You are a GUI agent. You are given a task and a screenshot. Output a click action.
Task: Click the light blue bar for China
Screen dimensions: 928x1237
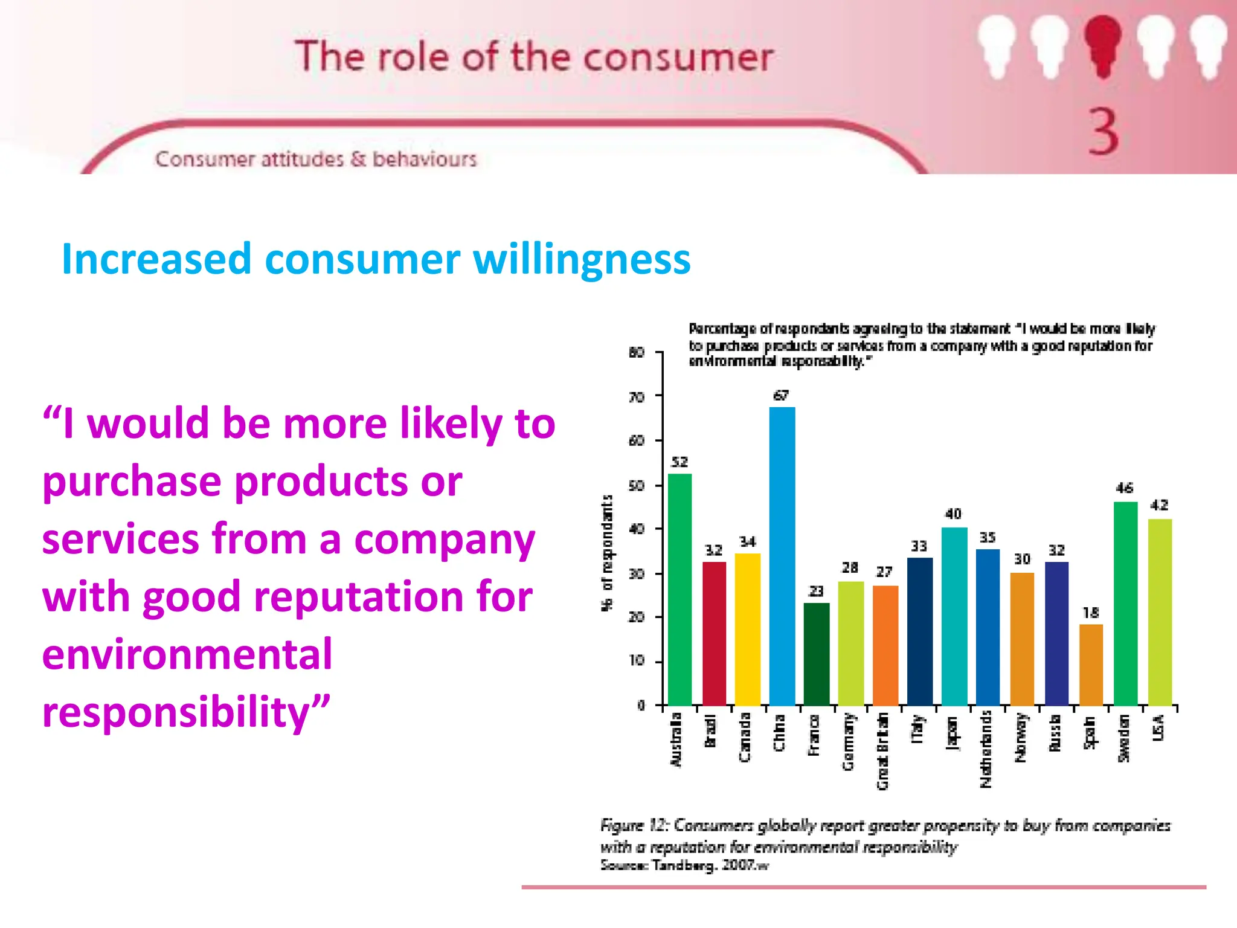[x=782, y=556]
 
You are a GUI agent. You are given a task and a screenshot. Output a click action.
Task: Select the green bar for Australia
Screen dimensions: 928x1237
[x=680, y=589]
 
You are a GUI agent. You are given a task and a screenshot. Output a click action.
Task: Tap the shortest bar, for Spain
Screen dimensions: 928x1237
[x=1091, y=665]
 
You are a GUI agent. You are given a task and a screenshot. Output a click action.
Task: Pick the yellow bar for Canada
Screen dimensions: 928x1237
[x=748, y=628]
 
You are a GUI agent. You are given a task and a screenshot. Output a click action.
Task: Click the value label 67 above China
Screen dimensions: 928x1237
[x=781, y=396]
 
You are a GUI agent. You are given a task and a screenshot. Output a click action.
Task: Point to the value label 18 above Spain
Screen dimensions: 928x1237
[x=1091, y=613]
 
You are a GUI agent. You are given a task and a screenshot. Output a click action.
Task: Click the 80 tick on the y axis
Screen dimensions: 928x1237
[x=637, y=352]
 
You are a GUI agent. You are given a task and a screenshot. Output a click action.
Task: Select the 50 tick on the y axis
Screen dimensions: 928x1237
[x=637, y=486]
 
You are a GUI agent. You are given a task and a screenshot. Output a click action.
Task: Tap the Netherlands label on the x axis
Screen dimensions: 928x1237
[x=986, y=749]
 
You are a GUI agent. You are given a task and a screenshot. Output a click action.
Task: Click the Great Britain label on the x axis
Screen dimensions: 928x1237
[x=883, y=751]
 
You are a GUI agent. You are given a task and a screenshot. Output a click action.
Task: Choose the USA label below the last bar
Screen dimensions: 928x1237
[x=1158, y=727]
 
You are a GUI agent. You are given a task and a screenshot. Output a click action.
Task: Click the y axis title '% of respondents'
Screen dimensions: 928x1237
[x=607, y=553]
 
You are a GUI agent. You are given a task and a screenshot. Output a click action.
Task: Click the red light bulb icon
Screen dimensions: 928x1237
[x=1102, y=45]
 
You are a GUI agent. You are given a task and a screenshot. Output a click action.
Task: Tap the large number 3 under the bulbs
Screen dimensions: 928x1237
[x=1103, y=132]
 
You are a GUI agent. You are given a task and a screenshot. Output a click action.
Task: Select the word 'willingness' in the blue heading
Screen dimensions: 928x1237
[x=582, y=259]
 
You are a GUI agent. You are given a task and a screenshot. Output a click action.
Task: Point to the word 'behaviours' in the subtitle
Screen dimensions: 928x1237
[x=425, y=159]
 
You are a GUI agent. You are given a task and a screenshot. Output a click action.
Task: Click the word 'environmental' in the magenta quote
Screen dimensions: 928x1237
[x=187, y=654]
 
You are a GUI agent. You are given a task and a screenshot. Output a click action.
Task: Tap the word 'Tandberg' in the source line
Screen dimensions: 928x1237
[x=684, y=865]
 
